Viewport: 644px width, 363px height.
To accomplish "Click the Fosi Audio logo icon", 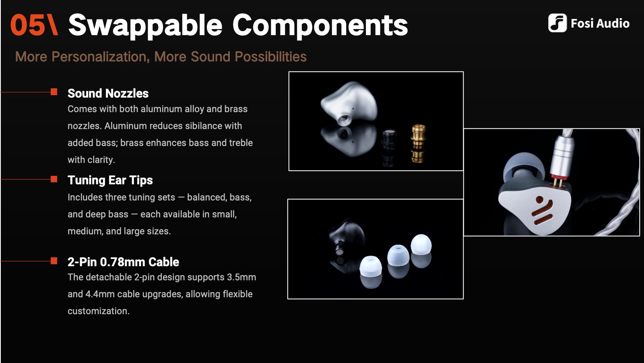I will pyautogui.click(x=557, y=23).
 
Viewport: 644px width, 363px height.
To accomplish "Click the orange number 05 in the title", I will pyautogui.click(x=28, y=25).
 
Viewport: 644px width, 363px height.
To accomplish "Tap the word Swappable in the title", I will pyautogui.click(x=145, y=25).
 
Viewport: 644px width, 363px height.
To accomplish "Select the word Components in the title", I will pyautogui.click(x=320, y=25).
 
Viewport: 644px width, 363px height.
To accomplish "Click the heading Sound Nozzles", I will pyautogui.click(x=108, y=94).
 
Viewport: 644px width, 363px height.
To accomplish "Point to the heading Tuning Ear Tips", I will pyautogui.click(x=110, y=180).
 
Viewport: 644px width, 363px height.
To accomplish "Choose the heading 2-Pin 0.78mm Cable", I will pyautogui.click(x=123, y=262).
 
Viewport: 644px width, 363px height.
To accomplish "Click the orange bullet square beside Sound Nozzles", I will pyautogui.click(x=54, y=92).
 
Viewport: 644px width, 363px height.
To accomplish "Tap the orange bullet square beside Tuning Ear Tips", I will pyautogui.click(x=54, y=179).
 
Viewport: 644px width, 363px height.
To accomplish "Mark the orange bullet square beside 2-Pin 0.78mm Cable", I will pyautogui.click(x=54, y=261).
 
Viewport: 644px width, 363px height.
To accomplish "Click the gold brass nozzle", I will pyautogui.click(x=418, y=136).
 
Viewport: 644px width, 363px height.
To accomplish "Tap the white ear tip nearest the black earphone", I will pyautogui.click(x=370, y=267).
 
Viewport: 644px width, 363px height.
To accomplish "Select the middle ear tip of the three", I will pyautogui.click(x=398, y=256).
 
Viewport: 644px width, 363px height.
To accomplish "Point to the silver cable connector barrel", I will pyautogui.click(x=562, y=155).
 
